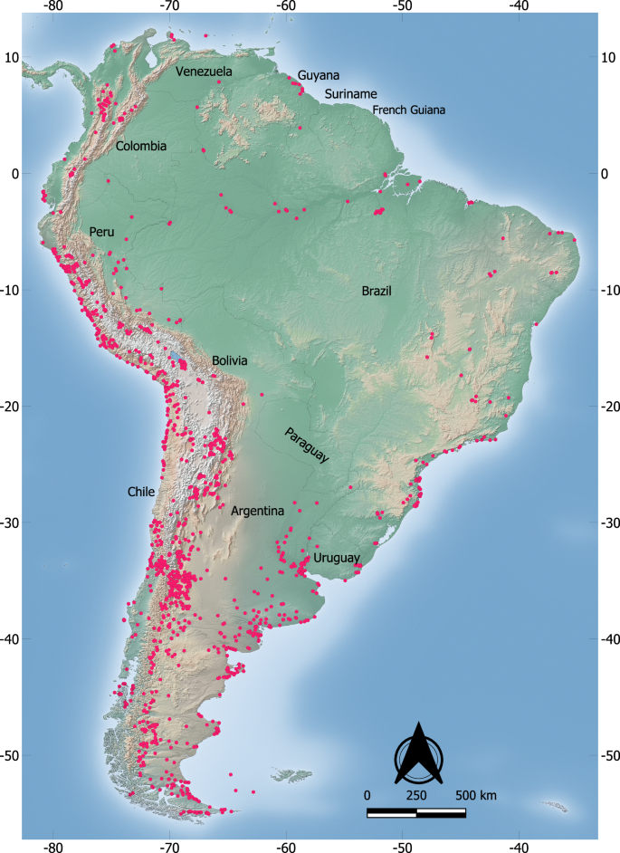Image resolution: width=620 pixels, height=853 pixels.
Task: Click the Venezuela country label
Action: click(x=204, y=72)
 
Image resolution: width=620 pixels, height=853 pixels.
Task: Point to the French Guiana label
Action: click(x=409, y=110)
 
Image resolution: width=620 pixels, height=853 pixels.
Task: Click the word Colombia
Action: click(x=140, y=146)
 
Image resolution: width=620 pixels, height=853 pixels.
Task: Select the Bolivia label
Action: click(x=230, y=360)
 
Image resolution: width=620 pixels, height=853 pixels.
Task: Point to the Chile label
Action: click(x=141, y=492)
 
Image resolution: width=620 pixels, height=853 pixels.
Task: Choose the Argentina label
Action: click(x=257, y=512)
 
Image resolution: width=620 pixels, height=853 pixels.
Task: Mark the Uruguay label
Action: click(x=337, y=558)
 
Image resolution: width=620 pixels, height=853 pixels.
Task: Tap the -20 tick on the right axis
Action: click(x=609, y=407)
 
